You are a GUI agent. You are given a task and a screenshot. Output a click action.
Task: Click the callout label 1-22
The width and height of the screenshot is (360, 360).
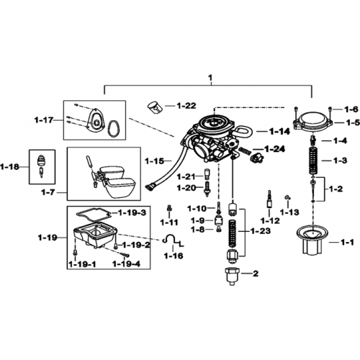(186, 106)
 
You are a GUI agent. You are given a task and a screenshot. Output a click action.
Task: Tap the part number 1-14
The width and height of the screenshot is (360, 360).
(279, 131)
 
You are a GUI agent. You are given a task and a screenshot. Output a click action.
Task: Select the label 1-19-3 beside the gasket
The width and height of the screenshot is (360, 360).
(132, 212)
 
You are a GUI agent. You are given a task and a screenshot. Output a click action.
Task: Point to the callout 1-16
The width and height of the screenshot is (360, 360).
(174, 256)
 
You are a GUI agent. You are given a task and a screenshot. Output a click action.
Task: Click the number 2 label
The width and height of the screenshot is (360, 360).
(256, 274)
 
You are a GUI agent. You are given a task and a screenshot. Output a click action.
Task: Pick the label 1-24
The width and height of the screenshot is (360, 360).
(274, 149)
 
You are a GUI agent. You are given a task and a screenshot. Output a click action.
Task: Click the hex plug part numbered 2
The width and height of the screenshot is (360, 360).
(232, 276)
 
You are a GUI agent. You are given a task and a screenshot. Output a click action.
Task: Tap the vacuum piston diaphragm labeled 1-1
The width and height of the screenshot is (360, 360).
(312, 240)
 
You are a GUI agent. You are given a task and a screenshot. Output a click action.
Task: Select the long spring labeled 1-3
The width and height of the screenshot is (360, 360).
(314, 161)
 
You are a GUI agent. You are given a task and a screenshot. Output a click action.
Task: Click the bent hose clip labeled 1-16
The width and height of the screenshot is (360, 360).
(174, 240)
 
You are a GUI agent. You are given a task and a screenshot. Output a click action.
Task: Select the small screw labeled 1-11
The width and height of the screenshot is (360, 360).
(169, 208)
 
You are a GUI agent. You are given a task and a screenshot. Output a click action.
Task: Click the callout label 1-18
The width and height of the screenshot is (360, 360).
(9, 166)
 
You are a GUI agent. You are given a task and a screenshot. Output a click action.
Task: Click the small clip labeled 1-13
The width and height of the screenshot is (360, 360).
(288, 197)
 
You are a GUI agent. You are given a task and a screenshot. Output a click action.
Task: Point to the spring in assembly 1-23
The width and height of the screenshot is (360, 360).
(233, 233)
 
